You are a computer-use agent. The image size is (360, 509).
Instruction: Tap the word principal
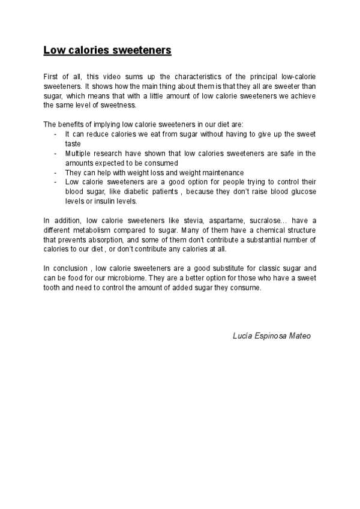pyautogui.click(x=257, y=77)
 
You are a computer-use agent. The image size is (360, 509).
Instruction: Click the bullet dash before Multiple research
pyautogui.click(x=56, y=153)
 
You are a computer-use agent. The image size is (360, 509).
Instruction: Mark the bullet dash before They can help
pyautogui.click(x=56, y=172)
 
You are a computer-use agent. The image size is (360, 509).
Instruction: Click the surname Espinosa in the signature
pyautogui.click(x=270, y=336)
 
